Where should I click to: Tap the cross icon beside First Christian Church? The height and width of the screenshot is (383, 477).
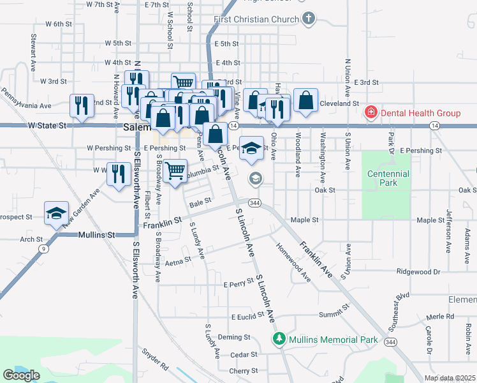[x=309, y=19]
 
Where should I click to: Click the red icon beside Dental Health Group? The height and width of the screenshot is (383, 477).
[x=371, y=113]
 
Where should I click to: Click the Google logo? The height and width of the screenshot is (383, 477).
[x=22, y=375]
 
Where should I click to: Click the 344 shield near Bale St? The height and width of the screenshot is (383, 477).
[x=254, y=203]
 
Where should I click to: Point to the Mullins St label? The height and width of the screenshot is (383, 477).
[x=96, y=235]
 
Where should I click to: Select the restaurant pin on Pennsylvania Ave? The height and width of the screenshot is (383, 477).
[x=80, y=105]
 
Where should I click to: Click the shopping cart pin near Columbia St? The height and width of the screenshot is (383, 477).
[x=175, y=170]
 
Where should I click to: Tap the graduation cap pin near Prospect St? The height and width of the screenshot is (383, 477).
[x=56, y=213]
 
